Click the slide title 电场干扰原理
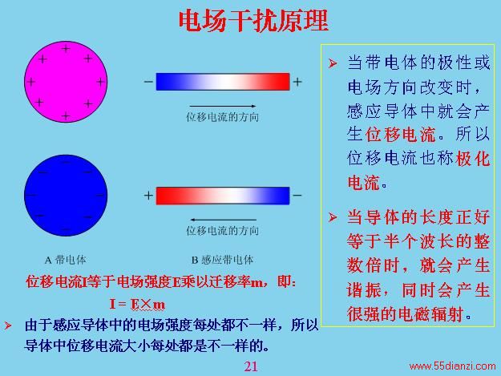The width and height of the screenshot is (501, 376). point(253,21)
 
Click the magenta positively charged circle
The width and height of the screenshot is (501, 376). point(66,82)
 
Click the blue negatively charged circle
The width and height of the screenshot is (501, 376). point(66,196)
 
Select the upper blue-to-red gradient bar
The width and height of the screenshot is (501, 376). point(223,82)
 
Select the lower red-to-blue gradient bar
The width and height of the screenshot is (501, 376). point(223,196)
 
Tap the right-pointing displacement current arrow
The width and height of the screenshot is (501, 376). point(223,106)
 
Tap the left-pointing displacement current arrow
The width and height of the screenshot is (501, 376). point(223,220)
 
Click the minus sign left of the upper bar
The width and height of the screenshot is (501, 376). point(148,82)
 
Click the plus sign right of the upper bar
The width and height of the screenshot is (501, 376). point(297,82)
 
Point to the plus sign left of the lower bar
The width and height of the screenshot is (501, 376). point(148,195)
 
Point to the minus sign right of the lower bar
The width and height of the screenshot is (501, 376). point(297,195)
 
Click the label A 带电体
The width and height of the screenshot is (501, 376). point(66,260)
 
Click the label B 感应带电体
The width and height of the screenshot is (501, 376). point(222,260)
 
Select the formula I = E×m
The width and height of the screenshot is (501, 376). point(137,304)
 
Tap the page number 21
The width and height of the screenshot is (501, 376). point(251,366)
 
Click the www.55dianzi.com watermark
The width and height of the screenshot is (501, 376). point(452,366)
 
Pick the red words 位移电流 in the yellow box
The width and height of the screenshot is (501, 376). point(401,135)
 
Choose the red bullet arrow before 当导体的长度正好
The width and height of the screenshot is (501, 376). point(333,217)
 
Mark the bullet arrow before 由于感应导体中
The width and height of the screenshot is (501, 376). point(8,325)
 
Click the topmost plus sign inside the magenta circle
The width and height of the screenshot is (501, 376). point(66,49)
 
